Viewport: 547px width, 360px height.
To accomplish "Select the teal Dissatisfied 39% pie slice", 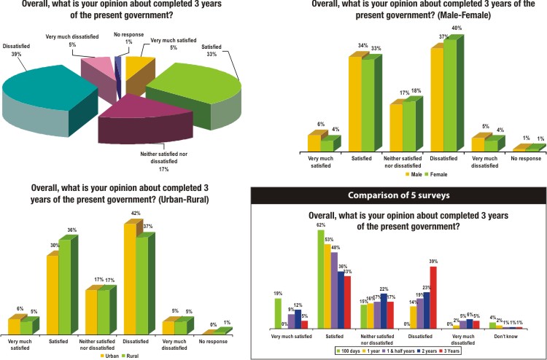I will pos(51,95).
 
